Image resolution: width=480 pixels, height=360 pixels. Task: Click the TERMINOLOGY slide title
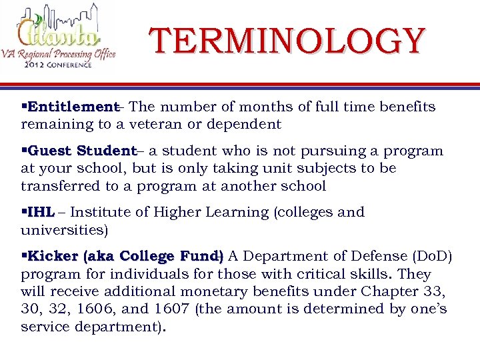click(x=287, y=41)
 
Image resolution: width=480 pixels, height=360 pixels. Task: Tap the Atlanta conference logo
click(x=59, y=37)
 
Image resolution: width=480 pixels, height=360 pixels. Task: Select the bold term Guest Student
click(x=82, y=151)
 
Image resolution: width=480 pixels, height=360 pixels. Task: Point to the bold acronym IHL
click(x=41, y=212)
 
